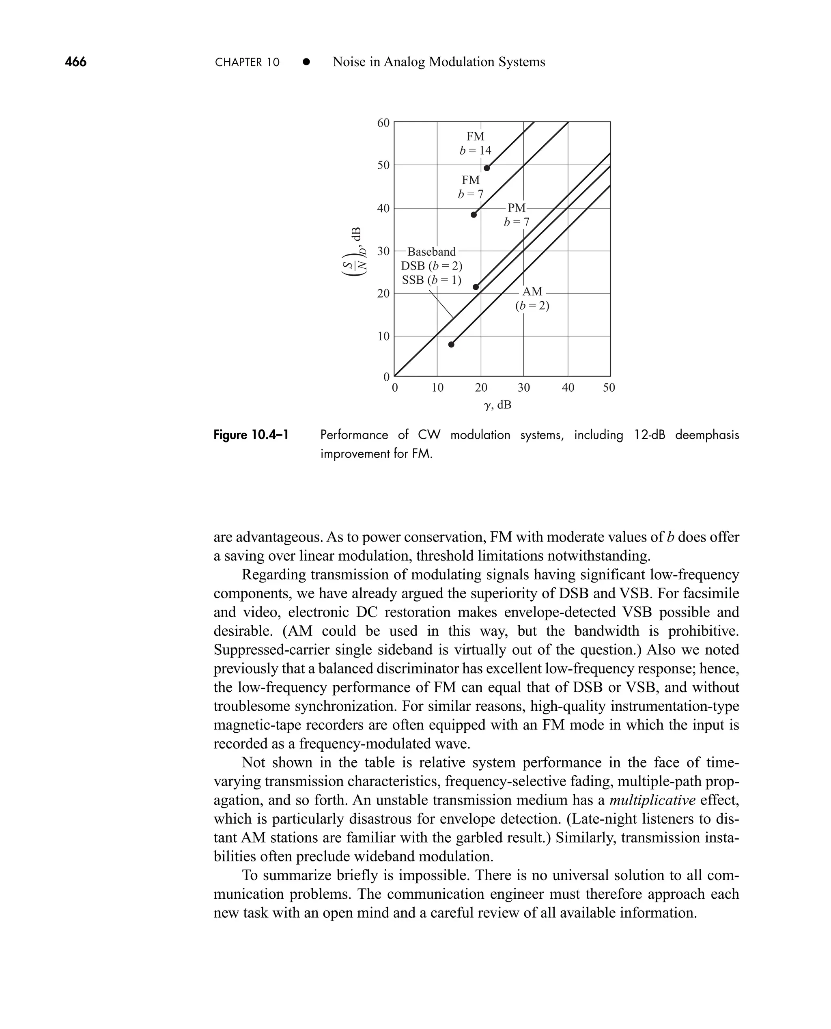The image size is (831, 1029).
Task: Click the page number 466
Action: (x=75, y=62)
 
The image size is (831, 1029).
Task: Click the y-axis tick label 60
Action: (x=383, y=123)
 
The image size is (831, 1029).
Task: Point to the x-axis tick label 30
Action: (x=524, y=388)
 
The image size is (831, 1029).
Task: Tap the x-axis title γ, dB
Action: (x=497, y=405)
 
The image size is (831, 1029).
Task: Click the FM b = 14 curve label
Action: (x=475, y=143)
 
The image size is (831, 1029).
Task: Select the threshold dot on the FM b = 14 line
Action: (x=487, y=168)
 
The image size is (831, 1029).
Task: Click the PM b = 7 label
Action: (x=517, y=215)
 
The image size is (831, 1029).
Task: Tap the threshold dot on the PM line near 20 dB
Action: (x=476, y=287)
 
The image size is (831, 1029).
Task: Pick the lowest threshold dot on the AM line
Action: (x=451, y=344)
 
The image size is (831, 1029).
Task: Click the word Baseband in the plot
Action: (x=431, y=252)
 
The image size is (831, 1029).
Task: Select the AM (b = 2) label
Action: (x=532, y=298)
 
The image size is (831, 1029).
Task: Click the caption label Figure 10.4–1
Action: (x=251, y=435)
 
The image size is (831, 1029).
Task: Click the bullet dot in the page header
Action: (x=306, y=62)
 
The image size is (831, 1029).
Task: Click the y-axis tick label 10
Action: (x=383, y=337)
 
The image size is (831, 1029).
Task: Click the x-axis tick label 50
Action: (x=609, y=388)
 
